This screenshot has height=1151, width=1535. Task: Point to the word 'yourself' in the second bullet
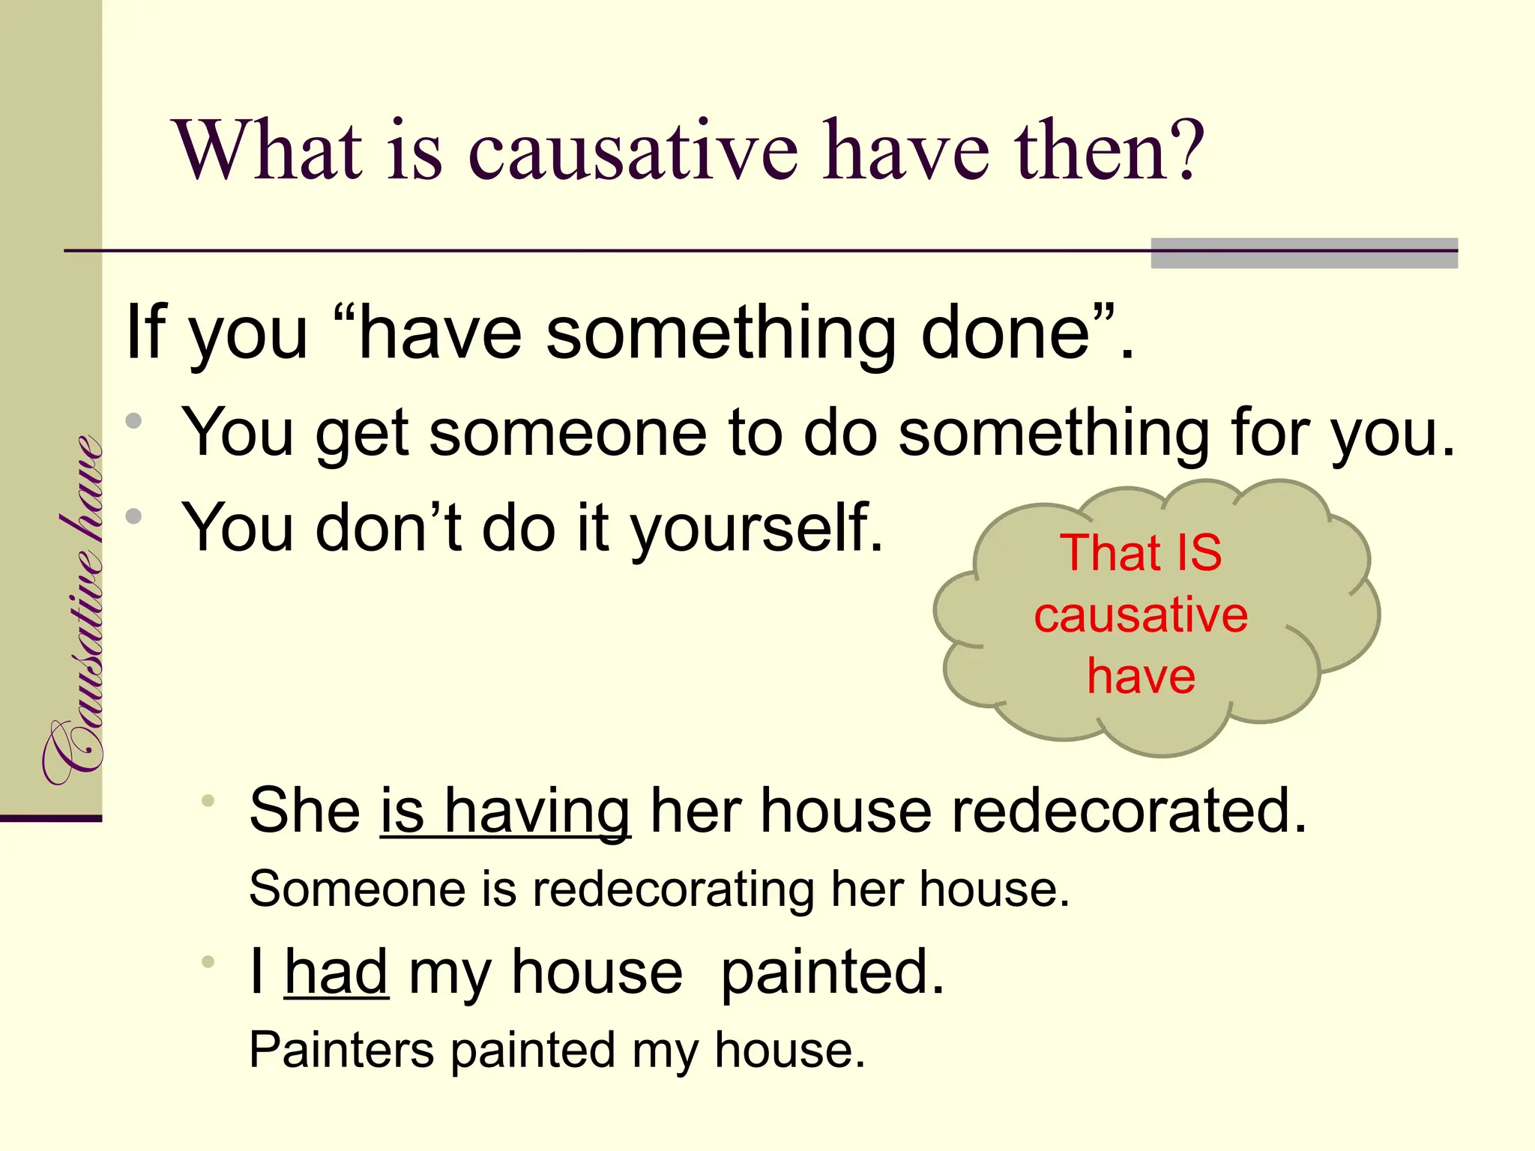click(757, 528)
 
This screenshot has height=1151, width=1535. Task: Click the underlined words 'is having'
click(505, 811)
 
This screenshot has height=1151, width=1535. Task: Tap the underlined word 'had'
click(337, 972)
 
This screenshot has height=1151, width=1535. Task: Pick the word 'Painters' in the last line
click(341, 1050)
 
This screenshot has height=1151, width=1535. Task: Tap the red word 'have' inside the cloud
click(1141, 676)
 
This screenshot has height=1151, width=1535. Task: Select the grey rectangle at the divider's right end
click(1303, 253)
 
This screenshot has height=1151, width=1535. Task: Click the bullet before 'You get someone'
click(134, 421)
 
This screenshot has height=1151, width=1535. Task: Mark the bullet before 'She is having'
click(208, 801)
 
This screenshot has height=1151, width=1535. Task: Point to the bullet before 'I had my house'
click(208, 961)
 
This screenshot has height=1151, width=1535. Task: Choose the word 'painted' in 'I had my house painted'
click(832, 972)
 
